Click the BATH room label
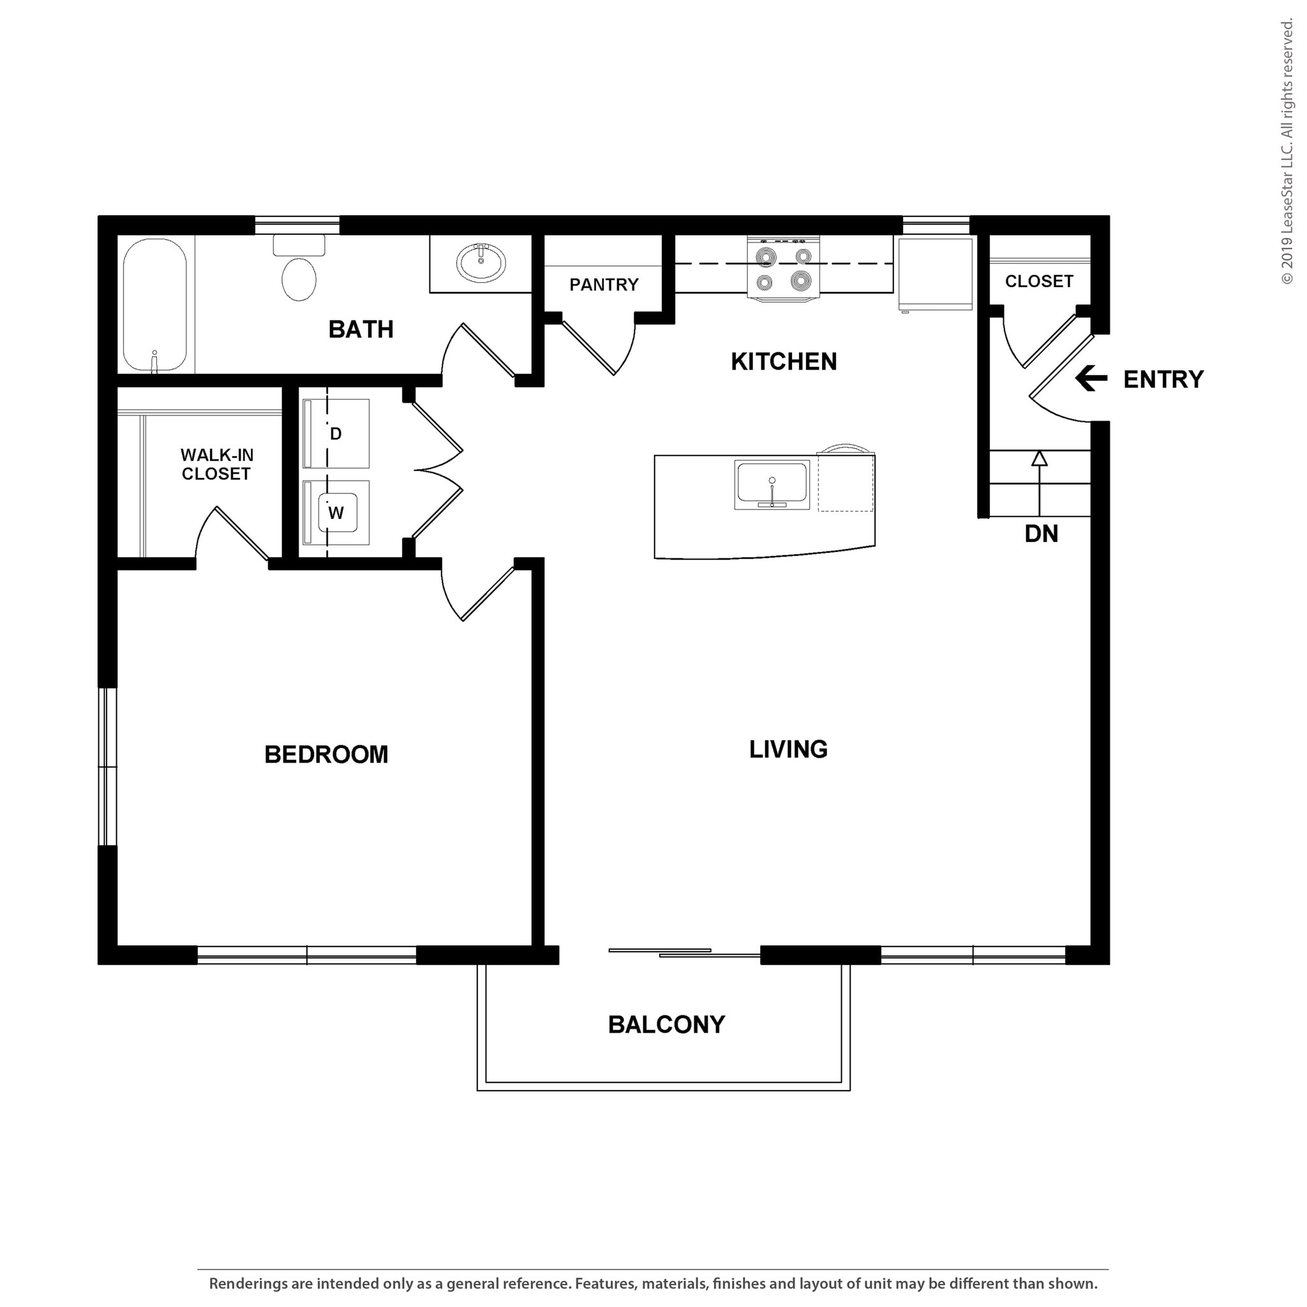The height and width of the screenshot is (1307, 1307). point(361,329)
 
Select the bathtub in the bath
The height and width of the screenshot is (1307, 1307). point(155,304)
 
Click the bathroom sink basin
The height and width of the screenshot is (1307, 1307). point(481,262)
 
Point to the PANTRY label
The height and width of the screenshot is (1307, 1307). point(604,285)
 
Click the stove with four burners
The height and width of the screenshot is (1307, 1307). point(784,269)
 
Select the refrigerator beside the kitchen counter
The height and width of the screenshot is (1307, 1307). point(935,273)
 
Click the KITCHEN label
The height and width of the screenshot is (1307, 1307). point(784,362)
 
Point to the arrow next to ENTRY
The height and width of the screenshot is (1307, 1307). point(1091,379)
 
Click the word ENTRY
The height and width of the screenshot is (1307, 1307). point(1163,380)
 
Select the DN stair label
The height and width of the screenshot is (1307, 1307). point(1040,534)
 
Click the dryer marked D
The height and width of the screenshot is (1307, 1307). point(336,433)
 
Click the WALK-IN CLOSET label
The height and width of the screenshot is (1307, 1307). point(216,464)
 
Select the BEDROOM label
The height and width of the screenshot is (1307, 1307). point(326,754)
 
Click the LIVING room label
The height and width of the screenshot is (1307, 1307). point(788,749)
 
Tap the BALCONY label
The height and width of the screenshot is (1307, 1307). point(666,1025)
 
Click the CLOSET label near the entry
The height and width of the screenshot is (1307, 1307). point(1038,281)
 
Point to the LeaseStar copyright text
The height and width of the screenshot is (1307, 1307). point(1286,153)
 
